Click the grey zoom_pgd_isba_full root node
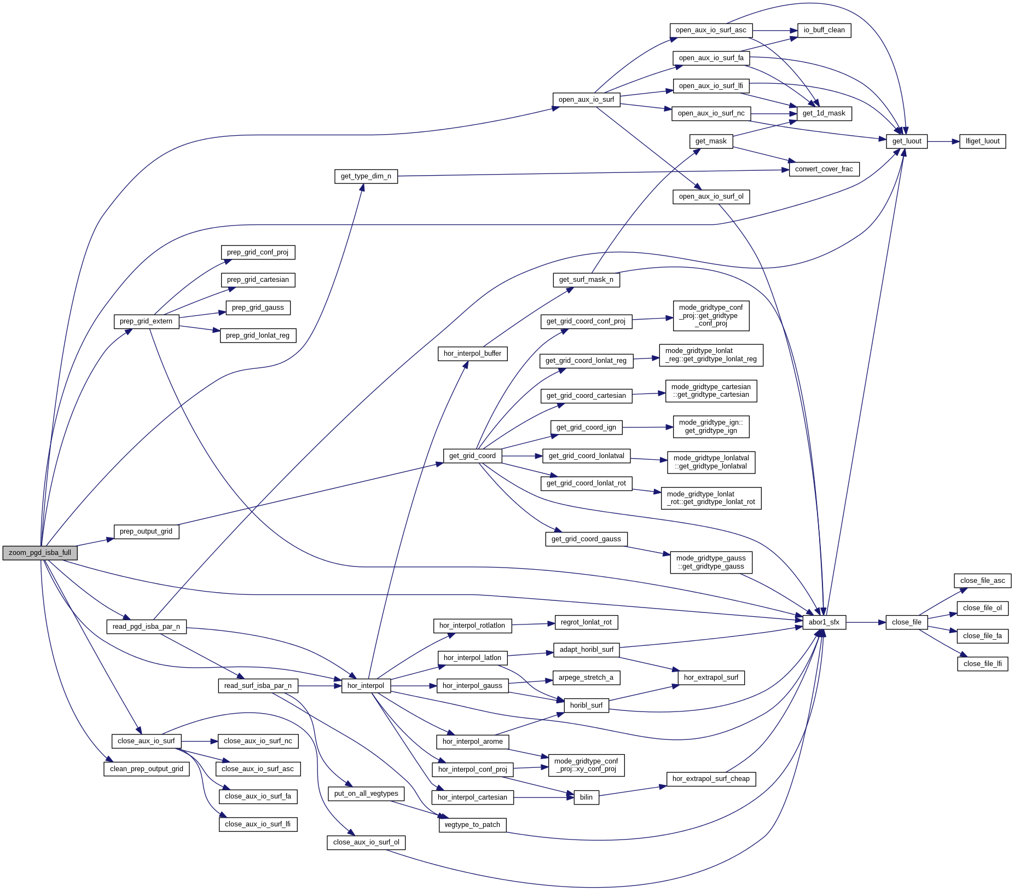coord(40,553)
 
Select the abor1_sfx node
coord(824,622)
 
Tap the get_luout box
coord(906,141)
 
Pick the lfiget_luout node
coord(982,141)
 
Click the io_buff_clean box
coord(824,30)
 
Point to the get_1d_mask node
coord(824,113)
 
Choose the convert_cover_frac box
coord(824,169)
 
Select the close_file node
coord(906,622)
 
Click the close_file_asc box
coord(982,581)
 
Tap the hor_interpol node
coord(366,686)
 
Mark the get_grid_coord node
coord(472,456)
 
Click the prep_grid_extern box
coord(146,321)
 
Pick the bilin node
coord(586,797)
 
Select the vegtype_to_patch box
coord(472,825)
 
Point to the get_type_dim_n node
coord(366,176)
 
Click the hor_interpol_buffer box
coord(472,354)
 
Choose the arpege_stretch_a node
coord(586,678)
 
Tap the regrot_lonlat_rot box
coord(586,622)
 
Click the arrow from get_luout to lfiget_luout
coord(943,141)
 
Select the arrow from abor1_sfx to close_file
coord(866,622)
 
